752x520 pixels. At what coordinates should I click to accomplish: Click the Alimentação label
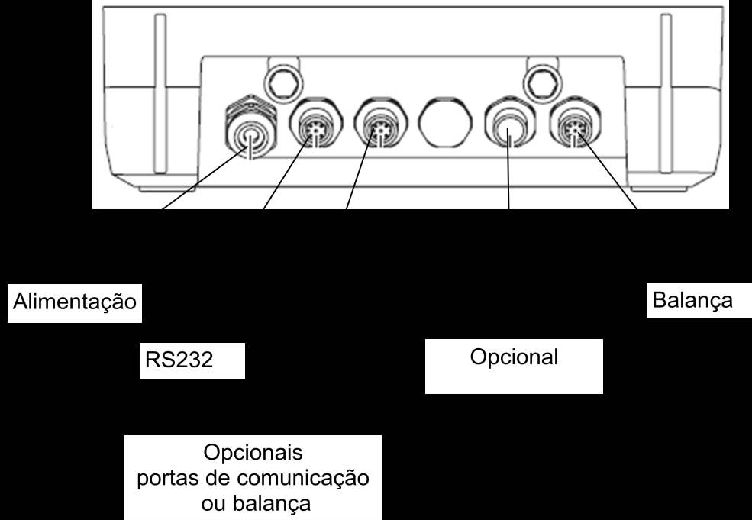point(75,302)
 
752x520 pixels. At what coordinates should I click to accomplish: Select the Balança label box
point(699,301)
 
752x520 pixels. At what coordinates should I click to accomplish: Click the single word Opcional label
point(514,357)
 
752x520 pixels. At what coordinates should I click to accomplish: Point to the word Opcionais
point(253,452)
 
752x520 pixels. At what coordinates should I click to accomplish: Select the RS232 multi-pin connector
point(315,124)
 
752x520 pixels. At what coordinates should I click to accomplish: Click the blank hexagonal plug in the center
point(445,123)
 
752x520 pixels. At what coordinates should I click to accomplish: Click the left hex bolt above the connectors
point(284,82)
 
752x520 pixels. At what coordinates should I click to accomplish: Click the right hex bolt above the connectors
point(542,82)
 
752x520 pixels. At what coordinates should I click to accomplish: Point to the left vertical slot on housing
point(160,94)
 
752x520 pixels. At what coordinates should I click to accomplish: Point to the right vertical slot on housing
point(666,94)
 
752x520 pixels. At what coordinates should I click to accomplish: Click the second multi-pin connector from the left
point(381,124)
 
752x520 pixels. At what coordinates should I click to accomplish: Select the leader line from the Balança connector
point(607,171)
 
